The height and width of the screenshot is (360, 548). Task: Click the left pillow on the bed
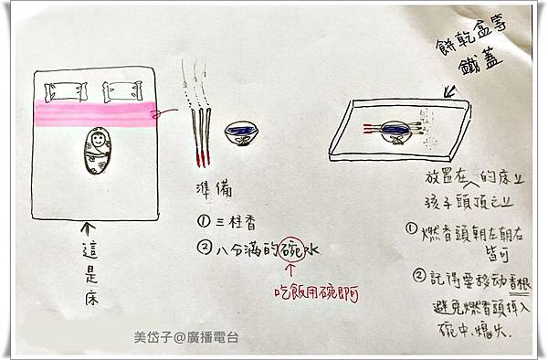coord(63,91)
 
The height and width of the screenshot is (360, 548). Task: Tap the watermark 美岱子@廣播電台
coord(186,337)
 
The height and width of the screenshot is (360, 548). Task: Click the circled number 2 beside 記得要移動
coord(418,274)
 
